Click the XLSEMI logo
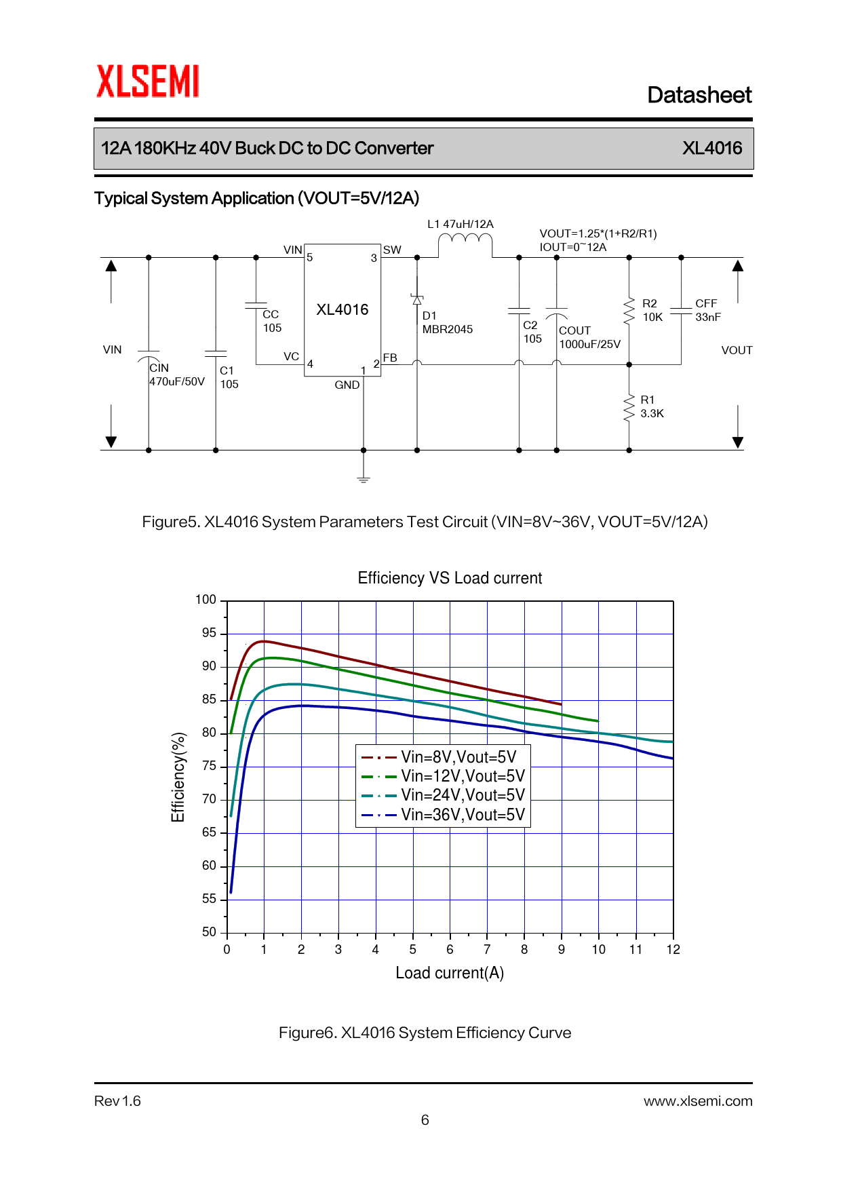click(147, 81)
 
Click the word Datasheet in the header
click(699, 95)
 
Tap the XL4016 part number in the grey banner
click(711, 148)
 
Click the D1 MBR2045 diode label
click(447, 322)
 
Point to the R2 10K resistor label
click(652, 310)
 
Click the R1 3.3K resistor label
click(651, 406)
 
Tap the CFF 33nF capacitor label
click(707, 310)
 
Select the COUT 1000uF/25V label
click(589, 337)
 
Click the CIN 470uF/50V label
click(176, 375)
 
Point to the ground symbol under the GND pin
click(364, 478)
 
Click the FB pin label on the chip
click(390, 358)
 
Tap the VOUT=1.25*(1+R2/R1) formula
click(598, 233)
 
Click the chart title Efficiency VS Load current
click(450, 578)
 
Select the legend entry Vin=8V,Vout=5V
click(458, 756)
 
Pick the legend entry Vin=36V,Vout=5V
click(463, 814)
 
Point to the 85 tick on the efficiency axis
click(209, 699)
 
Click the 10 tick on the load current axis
click(598, 949)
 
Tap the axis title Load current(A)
click(450, 973)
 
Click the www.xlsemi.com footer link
click(697, 1101)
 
